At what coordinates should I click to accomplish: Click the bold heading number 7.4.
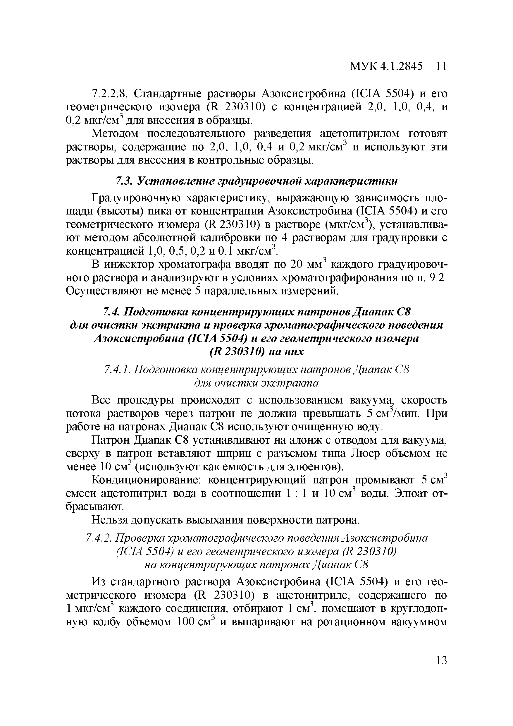[111, 312]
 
